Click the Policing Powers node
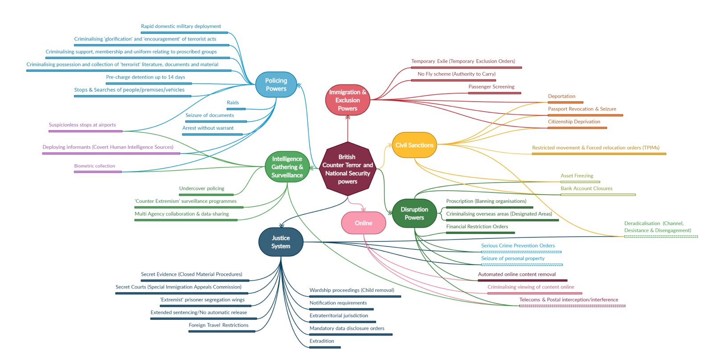coord(276,85)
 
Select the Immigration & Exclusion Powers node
coord(348,100)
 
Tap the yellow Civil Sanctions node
coord(414,145)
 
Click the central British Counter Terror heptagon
coord(348,169)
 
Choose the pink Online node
coord(363,223)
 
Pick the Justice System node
coord(281,242)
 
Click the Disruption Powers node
coord(414,213)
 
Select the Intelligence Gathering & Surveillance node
coord(287,167)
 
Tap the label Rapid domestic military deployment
coord(181,26)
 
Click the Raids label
coord(233,102)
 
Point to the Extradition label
coord(322,341)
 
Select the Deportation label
coord(561,96)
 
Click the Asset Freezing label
coord(577,176)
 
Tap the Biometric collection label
coord(94,166)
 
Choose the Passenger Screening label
coord(491,87)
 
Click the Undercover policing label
coord(201,188)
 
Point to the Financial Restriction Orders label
coord(477,226)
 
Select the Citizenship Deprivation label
coord(574,122)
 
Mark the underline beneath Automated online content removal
coord(522,281)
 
